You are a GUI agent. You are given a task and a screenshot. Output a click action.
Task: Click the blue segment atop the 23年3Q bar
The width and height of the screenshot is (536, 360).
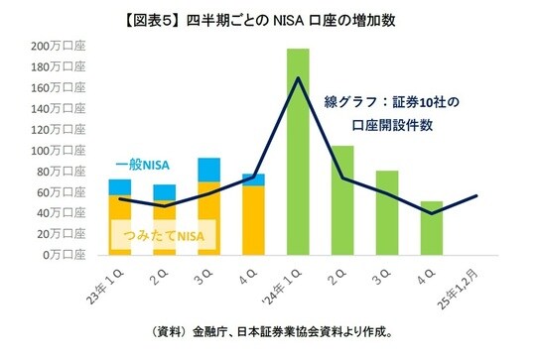(x=208, y=170)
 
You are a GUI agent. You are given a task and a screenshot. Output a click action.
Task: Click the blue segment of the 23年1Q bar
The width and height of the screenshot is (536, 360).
(x=120, y=187)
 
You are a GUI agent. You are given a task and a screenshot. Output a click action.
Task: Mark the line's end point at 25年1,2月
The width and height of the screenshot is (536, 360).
(x=478, y=195)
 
